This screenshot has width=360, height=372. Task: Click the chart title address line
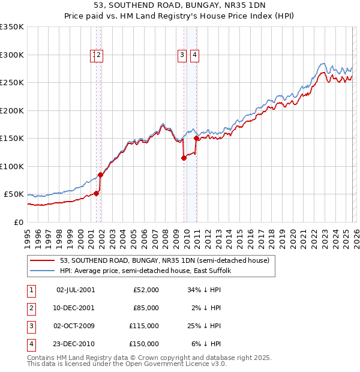pyautogui.click(x=180, y=4)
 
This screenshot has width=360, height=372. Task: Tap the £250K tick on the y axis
pyautogui.click(x=12, y=83)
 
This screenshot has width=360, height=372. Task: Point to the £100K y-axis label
pyautogui.click(x=12, y=166)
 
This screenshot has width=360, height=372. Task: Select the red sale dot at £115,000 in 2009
pyautogui.click(x=184, y=158)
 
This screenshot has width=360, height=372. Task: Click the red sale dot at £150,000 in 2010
pyautogui.click(x=197, y=139)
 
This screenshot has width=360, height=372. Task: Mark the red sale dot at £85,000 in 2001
pyautogui.click(x=101, y=175)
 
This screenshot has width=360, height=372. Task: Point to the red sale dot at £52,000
pyautogui.click(x=96, y=193)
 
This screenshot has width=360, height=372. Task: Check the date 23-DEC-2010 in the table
pyautogui.click(x=76, y=344)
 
